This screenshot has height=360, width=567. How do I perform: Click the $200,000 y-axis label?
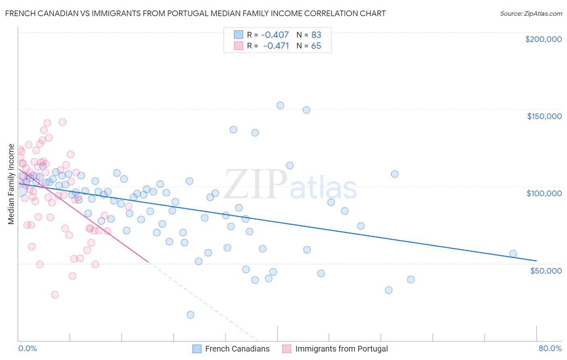[x=543, y=39]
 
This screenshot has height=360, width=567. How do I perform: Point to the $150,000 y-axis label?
[x=544, y=116]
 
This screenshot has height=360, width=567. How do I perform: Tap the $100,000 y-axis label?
[x=544, y=193]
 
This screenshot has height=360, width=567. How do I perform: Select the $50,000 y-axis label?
[x=546, y=270]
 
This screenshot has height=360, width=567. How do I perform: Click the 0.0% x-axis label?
[x=27, y=348]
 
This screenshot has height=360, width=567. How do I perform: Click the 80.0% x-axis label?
[x=550, y=348]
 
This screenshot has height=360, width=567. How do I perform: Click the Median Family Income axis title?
[x=11, y=184]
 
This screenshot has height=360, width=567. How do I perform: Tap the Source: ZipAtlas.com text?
[x=531, y=13]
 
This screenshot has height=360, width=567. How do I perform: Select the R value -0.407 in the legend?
[x=275, y=35]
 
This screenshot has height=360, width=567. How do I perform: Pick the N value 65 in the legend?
[x=316, y=46]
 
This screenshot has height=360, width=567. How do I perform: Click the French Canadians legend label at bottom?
[x=237, y=349]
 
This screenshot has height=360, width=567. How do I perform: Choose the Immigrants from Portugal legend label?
[x=341, y=349]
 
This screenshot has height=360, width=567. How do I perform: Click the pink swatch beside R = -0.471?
[x=238, y=46]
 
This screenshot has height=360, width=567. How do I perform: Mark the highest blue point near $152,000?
[x=280, y=105]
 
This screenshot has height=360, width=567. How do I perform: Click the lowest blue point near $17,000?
[x=190, y=315]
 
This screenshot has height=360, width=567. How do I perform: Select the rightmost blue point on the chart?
[x=513, y=254]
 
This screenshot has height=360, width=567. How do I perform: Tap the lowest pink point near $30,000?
[x=55, y=295]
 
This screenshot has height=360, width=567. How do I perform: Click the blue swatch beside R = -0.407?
[x=238, y=35]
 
